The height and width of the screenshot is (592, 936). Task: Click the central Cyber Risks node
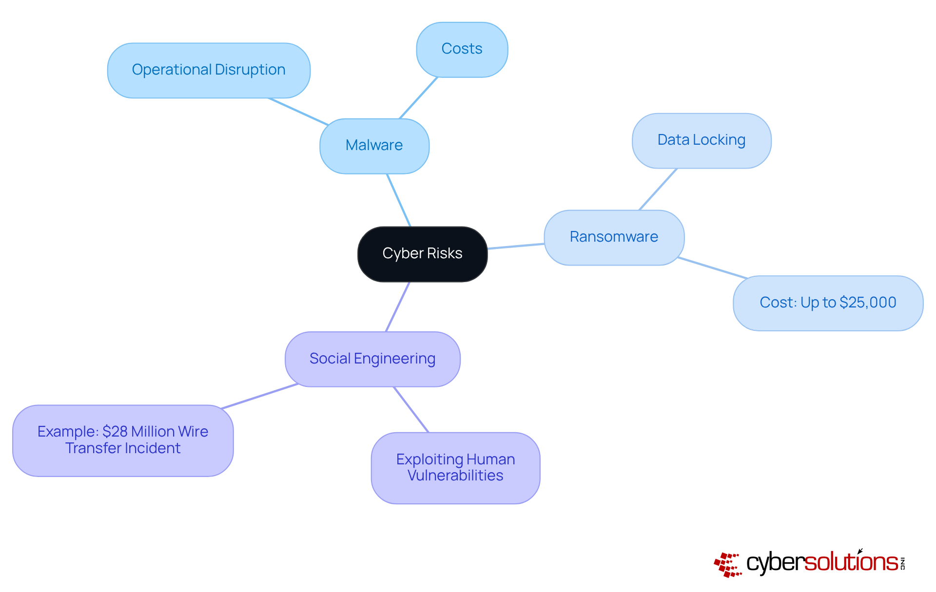pos(422,254)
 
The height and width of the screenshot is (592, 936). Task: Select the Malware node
pos(374,146)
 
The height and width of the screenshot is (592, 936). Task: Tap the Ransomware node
pos(614,237)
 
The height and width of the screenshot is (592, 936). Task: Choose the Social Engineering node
pos(372,359)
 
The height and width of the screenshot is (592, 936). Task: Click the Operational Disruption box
pos(209,70)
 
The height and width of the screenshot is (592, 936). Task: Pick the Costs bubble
pos(462,49)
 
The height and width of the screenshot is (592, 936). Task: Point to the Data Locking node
pos(701,140)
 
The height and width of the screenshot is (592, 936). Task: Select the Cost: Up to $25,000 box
pos(828,303)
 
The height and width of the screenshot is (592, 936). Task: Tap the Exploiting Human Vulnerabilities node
pos(455,468)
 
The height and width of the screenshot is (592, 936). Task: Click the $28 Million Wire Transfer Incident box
pos(123,440)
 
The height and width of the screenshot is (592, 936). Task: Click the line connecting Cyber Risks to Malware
pos(399,200)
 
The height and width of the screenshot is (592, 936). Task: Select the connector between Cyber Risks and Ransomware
pos(516,246)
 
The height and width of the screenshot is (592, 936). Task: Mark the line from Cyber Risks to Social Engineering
pos(398,306)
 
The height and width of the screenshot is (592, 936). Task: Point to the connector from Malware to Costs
pos(418,98)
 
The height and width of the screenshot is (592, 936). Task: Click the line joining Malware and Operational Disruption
pos(298,112)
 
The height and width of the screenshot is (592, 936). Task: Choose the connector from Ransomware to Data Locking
pos(658,190)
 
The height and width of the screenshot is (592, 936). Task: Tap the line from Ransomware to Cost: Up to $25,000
pos(713,267)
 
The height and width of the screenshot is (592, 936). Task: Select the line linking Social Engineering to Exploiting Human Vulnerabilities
pos(411,409)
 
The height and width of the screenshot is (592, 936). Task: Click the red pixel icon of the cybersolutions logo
pos(728,565)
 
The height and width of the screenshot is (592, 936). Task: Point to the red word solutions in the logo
pos(851,563)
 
